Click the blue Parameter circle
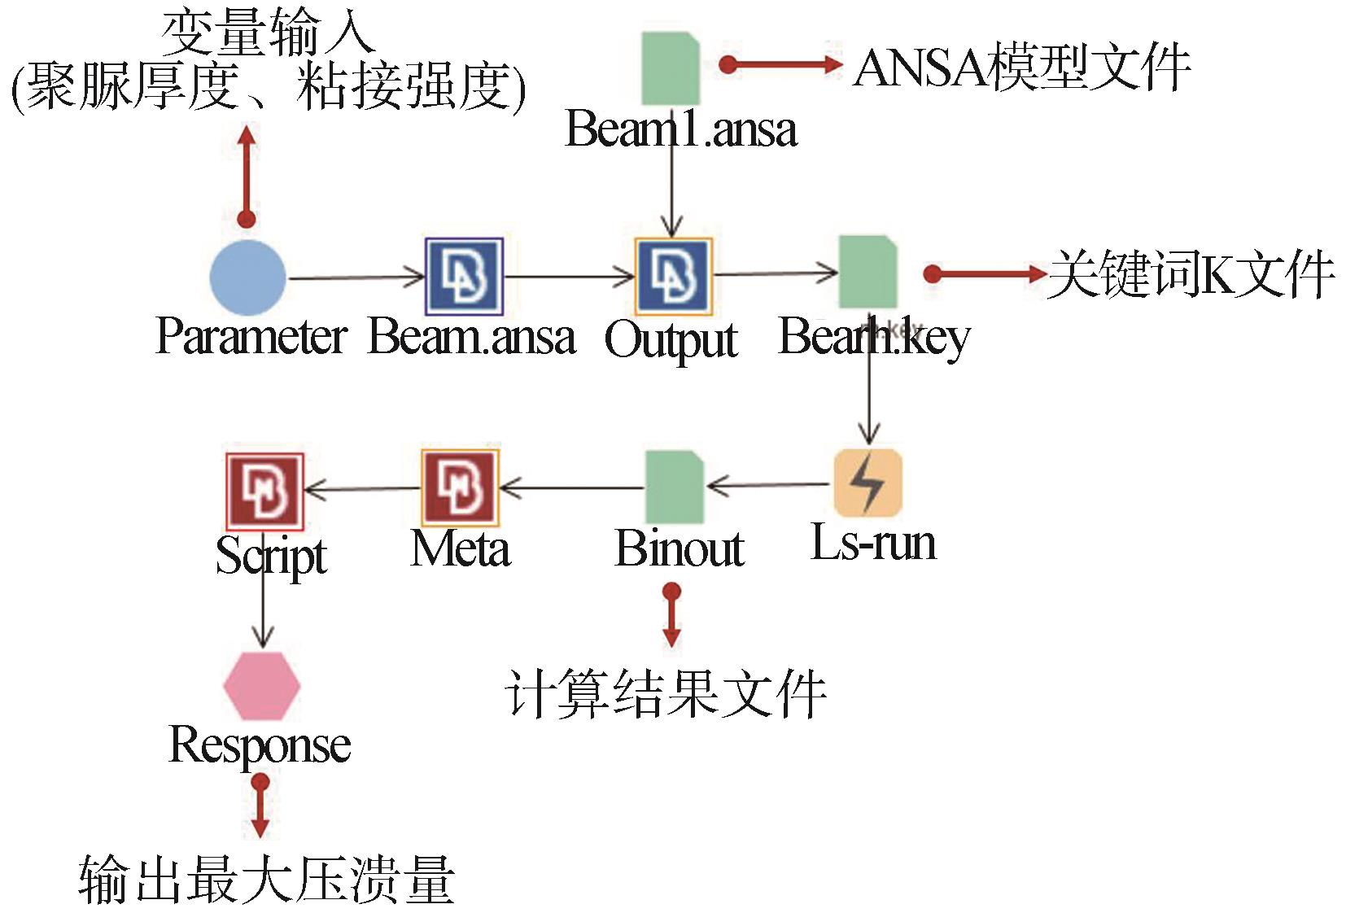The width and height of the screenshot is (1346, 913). (247, 277)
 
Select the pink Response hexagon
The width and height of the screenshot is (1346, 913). (261, 686)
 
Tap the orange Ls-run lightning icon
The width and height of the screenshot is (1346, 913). (868, 483)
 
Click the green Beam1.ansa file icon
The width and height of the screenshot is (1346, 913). (671, 68)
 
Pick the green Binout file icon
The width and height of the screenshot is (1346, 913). (675, 487)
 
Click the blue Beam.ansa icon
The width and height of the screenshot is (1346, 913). (464, 277)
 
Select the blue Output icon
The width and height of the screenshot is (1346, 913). (673, 277)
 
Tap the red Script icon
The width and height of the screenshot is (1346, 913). (264, 491)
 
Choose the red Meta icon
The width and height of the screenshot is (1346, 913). (460, 487)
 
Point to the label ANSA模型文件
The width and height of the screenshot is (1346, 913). (1022, 67)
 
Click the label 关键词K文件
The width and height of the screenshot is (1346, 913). (1191, 274)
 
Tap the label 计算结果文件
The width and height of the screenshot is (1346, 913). (666, 695)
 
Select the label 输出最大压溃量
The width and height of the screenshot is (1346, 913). (266, 880)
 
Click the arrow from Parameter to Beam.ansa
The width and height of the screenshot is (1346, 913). (356, 278)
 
